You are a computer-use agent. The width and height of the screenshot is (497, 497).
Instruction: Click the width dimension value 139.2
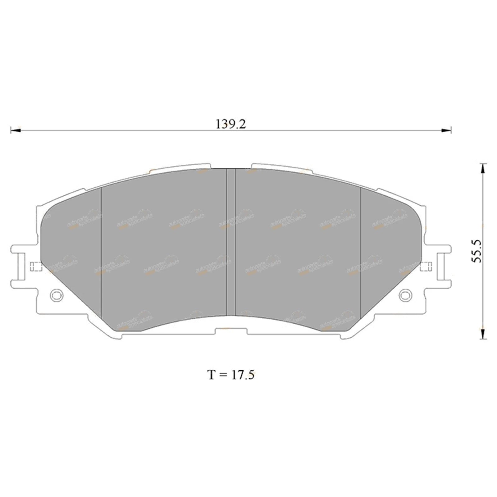231,124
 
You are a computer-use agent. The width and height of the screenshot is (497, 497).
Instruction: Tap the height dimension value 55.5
476,251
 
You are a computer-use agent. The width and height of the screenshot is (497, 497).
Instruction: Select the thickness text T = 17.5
231,375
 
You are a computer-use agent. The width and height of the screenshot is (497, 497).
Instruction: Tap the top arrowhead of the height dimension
482,168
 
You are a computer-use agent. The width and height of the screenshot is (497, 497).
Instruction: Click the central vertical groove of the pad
231,242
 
